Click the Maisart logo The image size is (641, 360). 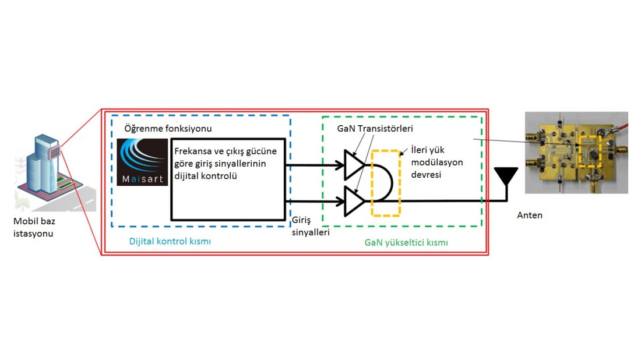pos(142,163)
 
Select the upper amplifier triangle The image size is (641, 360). pos(354,165)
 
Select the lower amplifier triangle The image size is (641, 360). pos(354,201)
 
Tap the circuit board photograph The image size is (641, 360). pos(576,152)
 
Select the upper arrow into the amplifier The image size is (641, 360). pos(315,165)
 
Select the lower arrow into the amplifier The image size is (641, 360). pos(315,202)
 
